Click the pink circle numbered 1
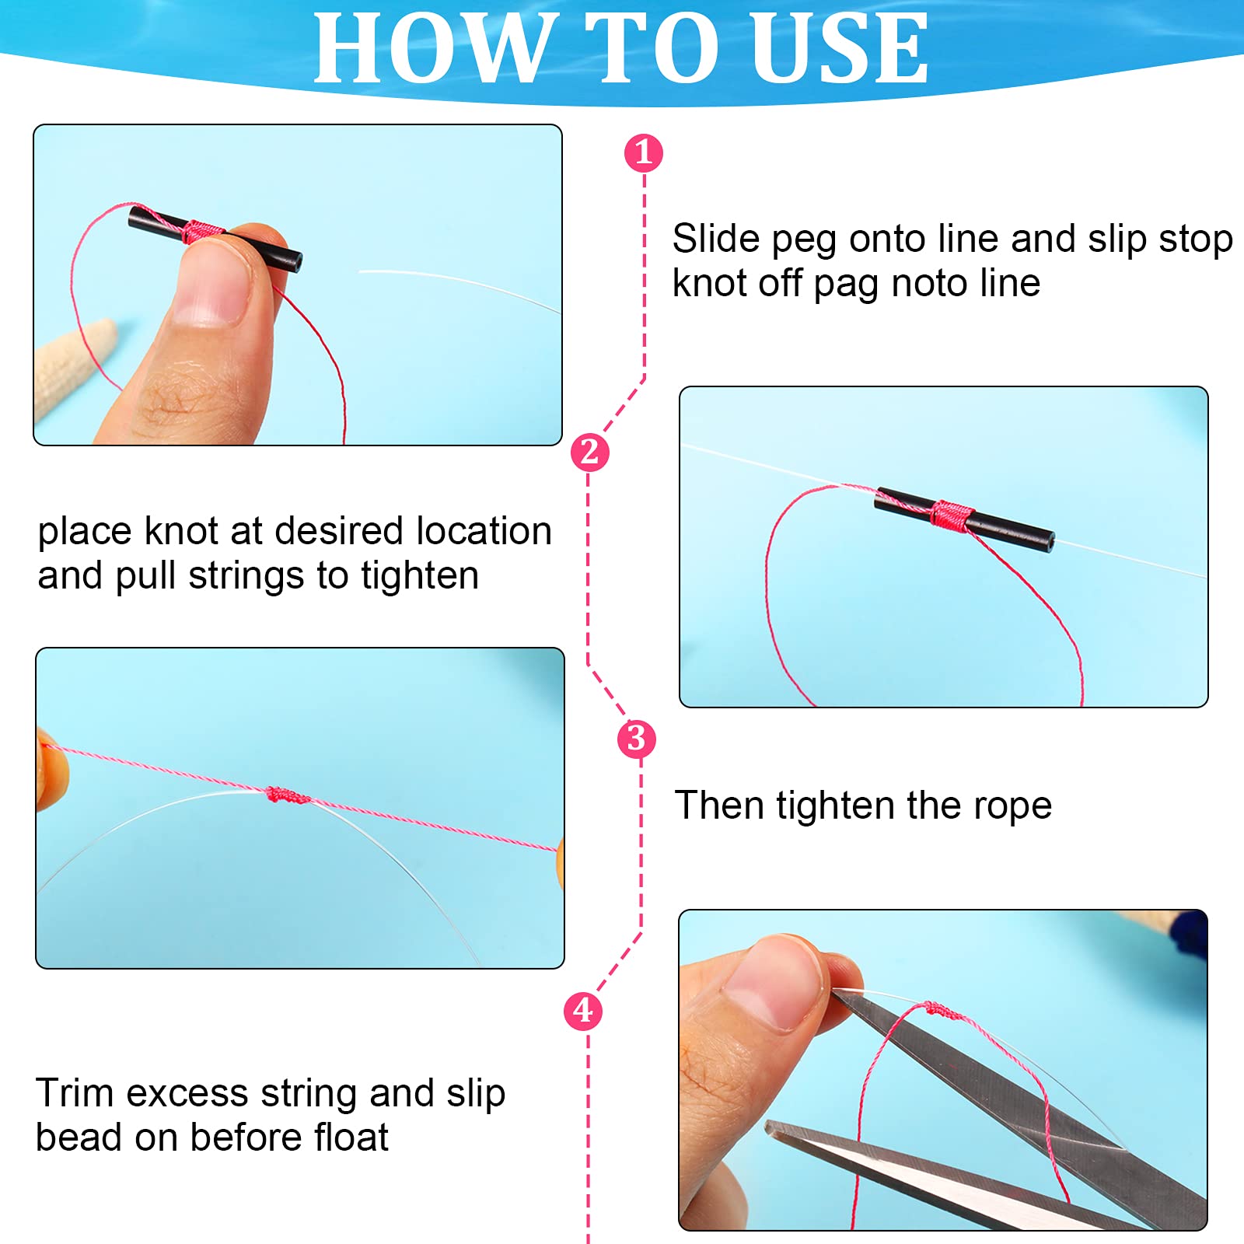pyautogui.click(x=643, y=152)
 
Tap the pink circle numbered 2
pyautogui.click(x=589, y=452)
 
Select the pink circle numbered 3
pyautogui.click(x=636, y=738)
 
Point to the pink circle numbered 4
pyautogui.click(x=583, y=1011)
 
